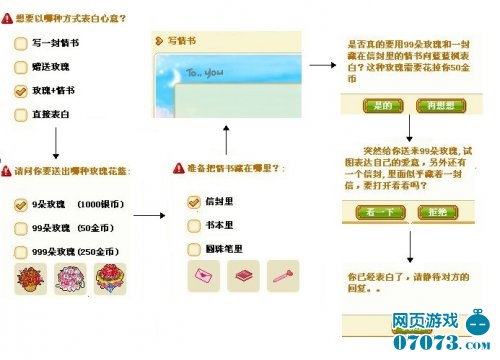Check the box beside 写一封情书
(21, 44)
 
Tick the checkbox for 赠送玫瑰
(21, 67)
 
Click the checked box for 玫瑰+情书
(21, 91)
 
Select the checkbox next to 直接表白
(21, 115)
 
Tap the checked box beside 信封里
(194, 201)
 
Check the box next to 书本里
(194, 224)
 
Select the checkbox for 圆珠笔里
(194, 247)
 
